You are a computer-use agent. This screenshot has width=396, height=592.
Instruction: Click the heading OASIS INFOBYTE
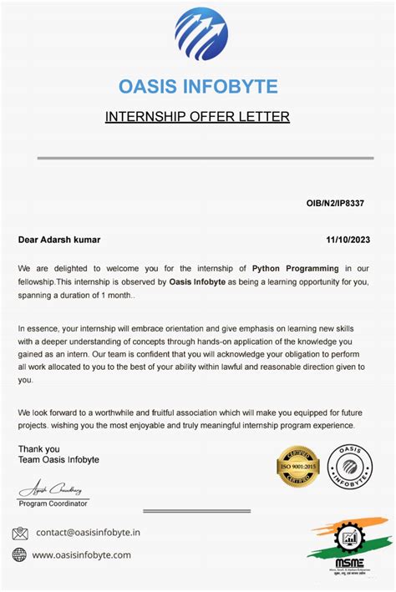[198, 87]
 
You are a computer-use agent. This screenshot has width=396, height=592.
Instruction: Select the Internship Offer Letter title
[197, 117]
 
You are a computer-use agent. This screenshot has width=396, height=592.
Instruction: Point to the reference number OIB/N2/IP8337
[335, 203]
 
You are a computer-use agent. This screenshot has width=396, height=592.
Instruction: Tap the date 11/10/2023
[348, 240]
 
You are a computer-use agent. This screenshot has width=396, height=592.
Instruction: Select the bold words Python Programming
[295, 269]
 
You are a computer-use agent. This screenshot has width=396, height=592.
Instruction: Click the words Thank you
[38, 448]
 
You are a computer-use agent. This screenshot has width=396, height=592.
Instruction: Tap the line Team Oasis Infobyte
[58, 460]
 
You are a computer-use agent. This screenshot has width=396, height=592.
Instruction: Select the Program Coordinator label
[53, 504]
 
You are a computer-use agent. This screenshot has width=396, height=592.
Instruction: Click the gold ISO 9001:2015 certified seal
[297, 466]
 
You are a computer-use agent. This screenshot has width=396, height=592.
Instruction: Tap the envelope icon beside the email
[19, 533]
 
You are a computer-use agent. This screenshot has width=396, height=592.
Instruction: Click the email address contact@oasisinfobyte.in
[88, 533]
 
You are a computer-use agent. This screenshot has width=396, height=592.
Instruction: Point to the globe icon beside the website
[19, 554]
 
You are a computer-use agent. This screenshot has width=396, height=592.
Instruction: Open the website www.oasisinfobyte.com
[82, 554]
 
